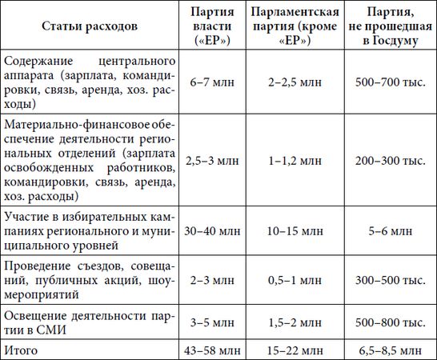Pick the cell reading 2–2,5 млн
[x=294, y=82]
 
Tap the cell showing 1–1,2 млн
[x=294, y=160]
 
